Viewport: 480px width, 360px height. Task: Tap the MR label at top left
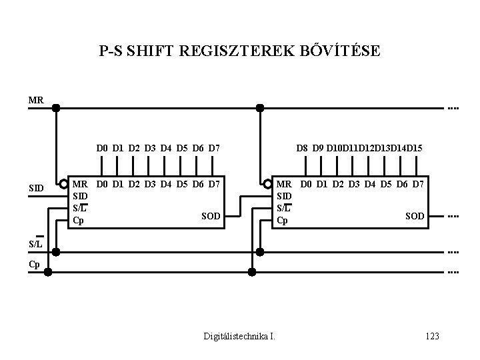point(36,101)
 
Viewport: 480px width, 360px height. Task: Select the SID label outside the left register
point(37,189)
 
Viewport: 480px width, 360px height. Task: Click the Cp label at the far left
point(34,264)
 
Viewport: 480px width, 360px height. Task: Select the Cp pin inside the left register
point(78,221)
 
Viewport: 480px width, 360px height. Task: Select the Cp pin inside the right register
point(283,221)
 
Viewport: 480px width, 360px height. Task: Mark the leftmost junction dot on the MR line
point(56,107)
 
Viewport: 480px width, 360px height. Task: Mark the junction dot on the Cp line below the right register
point(251,271)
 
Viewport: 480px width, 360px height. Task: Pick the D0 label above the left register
point(102,147)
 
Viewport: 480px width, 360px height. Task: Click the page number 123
point(431,336)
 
